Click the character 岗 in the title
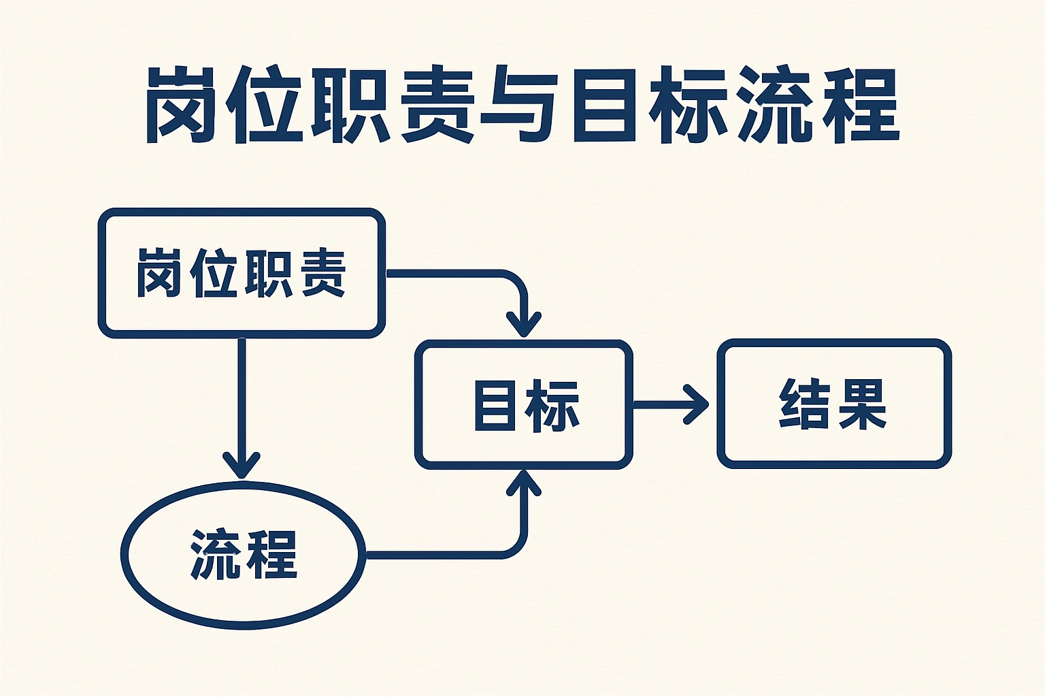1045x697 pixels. [x=178, y=105]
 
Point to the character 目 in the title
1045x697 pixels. [x=600, y=105]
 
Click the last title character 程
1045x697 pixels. [x=861, y=105]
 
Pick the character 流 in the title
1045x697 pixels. [x=776, y=105]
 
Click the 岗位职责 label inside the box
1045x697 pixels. [x=242, y=273]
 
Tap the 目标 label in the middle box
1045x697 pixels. [x=526, y=405]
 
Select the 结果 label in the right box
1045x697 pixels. [x=833, y=404]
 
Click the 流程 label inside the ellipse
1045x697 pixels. [x=244, y=555]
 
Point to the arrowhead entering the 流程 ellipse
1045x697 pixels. [x=242, y=466]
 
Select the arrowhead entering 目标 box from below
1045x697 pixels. [x=524, y=481]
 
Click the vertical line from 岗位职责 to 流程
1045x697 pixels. [x=242, y=395]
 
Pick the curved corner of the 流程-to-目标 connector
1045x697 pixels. [x=516, y=547]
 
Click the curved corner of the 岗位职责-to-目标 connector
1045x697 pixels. [x=516, y=282]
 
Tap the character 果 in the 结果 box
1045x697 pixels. [x=862, y=404]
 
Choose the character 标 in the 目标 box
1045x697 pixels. [x=552, y=405]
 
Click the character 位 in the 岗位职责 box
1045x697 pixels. [x=215, y=273]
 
